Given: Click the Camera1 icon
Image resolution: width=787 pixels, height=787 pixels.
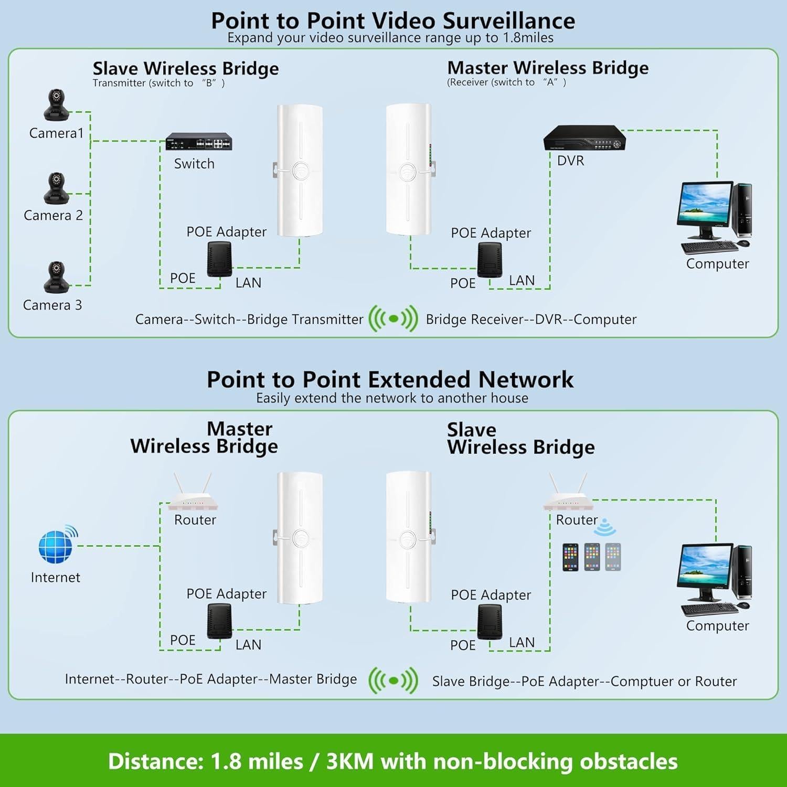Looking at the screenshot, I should [56, 105].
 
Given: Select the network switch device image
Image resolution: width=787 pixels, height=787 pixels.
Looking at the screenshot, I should [199, 142].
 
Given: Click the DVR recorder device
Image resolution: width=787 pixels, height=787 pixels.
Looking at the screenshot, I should [584, 138].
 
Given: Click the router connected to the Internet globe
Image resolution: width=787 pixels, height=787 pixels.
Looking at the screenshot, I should [193, 496].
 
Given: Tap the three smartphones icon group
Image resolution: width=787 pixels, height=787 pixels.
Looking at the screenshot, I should [591, 557].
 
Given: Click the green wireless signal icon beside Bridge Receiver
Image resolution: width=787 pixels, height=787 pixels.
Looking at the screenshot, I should [393, 318].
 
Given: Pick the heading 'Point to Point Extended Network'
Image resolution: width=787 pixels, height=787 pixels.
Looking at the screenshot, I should [390, 379].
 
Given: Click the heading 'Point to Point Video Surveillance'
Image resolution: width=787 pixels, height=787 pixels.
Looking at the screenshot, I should [393, 21].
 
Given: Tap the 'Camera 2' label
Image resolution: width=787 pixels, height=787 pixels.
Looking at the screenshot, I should [54, 215].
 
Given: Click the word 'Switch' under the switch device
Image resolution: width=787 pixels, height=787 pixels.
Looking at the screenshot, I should [194, 164].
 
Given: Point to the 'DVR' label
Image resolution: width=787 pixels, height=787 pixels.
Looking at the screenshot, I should [570, 161].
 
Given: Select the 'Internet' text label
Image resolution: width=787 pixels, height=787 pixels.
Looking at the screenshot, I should [56, 577].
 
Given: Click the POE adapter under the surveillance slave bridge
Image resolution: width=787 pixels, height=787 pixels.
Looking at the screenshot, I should [219, 259].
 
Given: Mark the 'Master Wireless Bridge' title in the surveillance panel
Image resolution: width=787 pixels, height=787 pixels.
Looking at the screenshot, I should [548, 68].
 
